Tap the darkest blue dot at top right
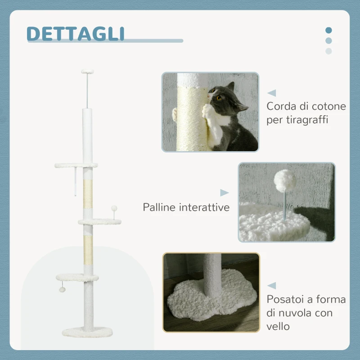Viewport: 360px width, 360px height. [328, 30]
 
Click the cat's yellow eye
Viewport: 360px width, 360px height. [219, 97]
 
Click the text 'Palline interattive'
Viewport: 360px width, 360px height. [186, 207]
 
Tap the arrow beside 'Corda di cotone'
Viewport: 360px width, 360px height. [271, 93]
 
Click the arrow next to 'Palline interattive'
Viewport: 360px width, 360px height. [224, 193]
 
